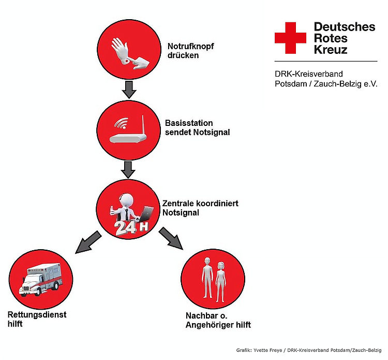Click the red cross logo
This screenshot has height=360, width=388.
point(290,38)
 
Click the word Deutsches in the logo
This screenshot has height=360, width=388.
point(345,27)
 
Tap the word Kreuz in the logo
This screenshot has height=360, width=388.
point(331,50)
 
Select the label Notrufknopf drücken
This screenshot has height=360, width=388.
point(190,51)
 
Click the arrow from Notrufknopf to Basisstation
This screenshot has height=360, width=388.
point(129,90)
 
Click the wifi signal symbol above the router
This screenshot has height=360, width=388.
point(122,123)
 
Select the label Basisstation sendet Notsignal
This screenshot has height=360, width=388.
point(197,127)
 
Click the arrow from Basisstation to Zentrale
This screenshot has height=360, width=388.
point(128,170)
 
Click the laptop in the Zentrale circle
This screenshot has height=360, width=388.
point(146,214)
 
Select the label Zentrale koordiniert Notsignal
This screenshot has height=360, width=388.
point(200,208)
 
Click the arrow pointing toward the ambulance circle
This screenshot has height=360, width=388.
point(87,243)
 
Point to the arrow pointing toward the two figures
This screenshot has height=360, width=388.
point(171,238)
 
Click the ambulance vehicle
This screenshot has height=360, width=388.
point(41,280)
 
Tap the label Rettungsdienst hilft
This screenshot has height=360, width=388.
point(37,319)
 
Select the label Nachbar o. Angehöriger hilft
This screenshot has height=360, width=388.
point(218,320)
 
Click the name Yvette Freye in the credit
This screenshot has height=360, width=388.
point(268,350)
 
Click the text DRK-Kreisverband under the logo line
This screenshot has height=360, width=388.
point(308,74)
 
